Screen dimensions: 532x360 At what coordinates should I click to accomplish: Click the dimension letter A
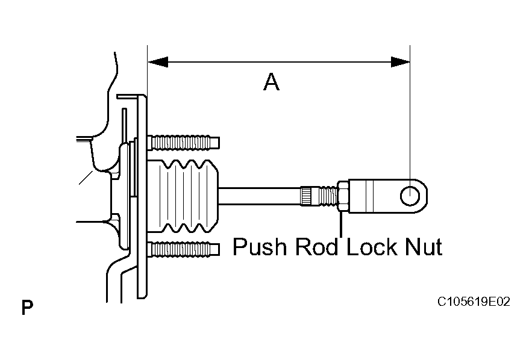(x=272, y=82)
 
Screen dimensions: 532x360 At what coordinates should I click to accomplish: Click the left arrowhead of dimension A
(x=158, y=62)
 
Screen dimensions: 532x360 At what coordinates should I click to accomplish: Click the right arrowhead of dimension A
(x=401, y=62)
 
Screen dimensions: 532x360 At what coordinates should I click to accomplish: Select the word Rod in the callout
(x=317, y=246)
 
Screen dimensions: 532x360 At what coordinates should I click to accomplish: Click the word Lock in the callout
(x=372, y=246)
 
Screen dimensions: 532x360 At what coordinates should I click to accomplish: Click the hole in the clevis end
(x=410, y=196)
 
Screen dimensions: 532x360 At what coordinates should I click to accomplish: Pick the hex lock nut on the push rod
(x=343, y=196)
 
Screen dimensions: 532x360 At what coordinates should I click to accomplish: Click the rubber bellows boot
(x=183, y=197)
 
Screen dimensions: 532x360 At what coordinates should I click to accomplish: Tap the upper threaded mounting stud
(x=184, y=142)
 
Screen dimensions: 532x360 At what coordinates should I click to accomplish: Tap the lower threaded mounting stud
(x=184, y=249)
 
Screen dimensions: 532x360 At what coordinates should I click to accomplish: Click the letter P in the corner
(x=28, y=308)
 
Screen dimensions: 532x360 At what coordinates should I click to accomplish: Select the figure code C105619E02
(x=474, y=302)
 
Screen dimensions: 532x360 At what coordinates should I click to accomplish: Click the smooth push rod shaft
(x=260, y=196)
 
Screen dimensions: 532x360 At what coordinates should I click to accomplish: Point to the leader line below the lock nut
(x=341, y=225)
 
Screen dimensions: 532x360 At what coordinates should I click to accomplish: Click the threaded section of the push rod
(x=328, y=196)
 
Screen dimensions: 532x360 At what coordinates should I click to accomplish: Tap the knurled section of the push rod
(x=310, y=196)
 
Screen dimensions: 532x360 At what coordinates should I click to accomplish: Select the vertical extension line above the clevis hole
(x=410, y=115)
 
